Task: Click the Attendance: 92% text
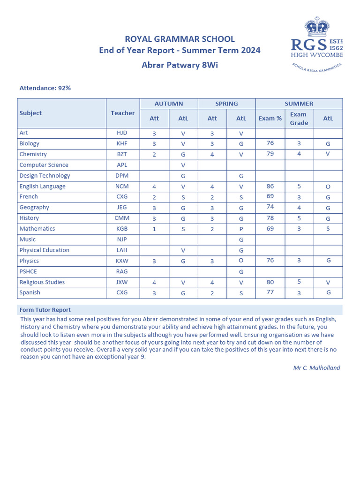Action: (x=45, y=88)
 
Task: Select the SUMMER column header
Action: (x=299, y=104)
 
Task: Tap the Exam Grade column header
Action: (x=299, y=119)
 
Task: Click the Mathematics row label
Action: (x=37, y=229)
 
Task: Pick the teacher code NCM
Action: (x=122, y=187)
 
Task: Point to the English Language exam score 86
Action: (x=270, y=186)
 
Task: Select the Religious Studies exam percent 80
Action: (x=270, y=282)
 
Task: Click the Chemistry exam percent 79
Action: (x=270, y=154)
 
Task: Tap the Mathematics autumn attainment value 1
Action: (x=154, y=229)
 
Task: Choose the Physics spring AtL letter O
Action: (x=241, y=261)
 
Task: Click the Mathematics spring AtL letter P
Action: (x=241, y=229)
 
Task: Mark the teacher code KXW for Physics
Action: (x=122, y=261)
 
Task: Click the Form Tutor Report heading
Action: (x=45, y=310)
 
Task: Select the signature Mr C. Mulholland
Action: (x=316, y=367)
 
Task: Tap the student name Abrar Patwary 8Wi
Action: (x=180, y=65)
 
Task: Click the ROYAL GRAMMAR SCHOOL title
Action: (x=180, y=39)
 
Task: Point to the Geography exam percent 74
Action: (x=270, y=207)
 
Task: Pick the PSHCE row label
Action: (x=28, y=271)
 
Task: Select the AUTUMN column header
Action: (x=169, y=104)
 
